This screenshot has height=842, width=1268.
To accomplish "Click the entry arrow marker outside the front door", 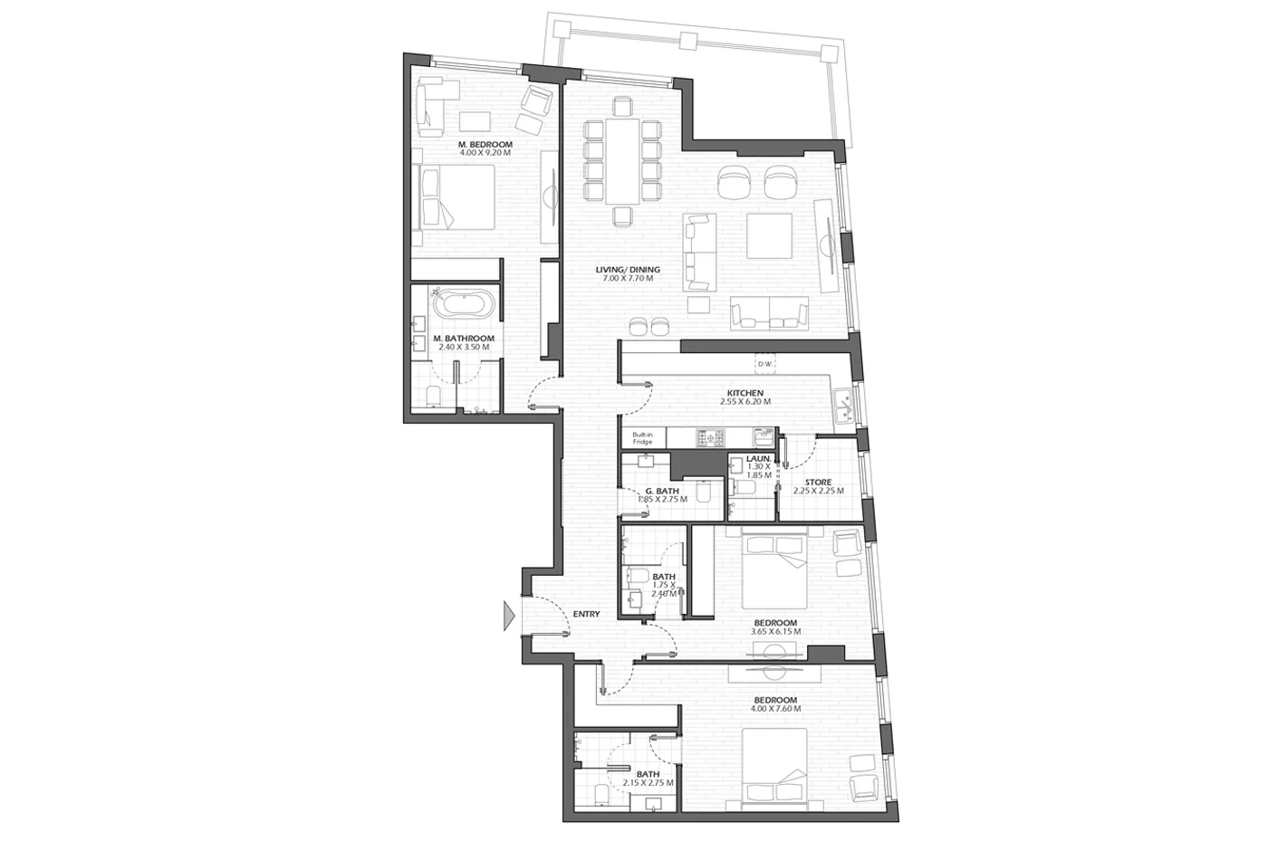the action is tap(509, 616).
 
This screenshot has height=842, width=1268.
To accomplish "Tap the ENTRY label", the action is tap(587, 614).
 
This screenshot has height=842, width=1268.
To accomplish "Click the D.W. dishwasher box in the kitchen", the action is tap(764, 364).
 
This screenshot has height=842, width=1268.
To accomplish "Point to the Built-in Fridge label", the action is tap(642, 438).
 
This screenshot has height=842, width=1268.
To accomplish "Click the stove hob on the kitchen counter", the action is tap(710, 436).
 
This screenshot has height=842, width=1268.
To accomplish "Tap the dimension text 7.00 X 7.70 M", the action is tap(628, 279).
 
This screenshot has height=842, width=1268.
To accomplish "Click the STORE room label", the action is tap(819, 483).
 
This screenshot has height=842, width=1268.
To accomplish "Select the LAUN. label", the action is tap(759, 458).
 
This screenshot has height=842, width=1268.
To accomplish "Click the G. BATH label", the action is tap(662, 491).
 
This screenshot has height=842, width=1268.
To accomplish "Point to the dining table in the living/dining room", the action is tap(622, 161).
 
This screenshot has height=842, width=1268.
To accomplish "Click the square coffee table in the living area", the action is tap(769, 236).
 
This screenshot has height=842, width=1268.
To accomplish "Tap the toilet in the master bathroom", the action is tap(433, 396).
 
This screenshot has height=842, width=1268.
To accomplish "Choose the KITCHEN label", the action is tap(744, 393).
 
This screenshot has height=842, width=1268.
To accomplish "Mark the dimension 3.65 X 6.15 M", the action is tap(775, 632).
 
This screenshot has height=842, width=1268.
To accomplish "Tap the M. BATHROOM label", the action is tap(464, 339).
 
